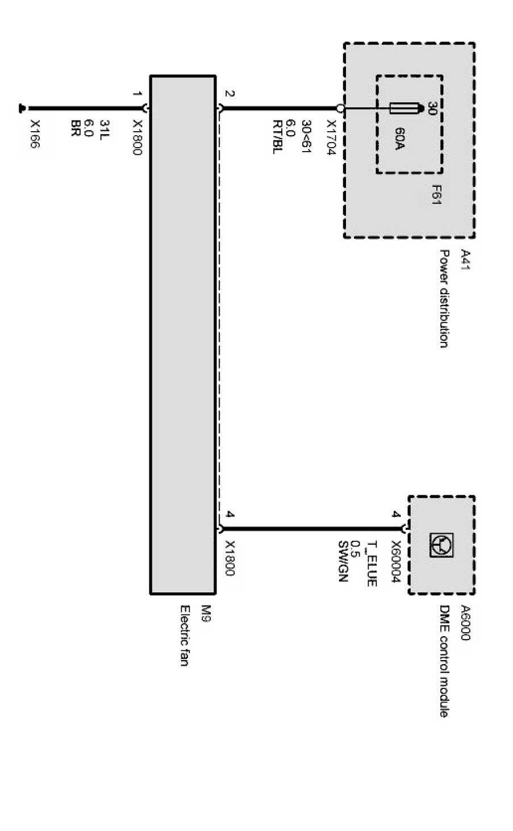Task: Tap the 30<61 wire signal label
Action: click(306, 136)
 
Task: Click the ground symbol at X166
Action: click(23, 107)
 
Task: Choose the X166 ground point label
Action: click(35, 135)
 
